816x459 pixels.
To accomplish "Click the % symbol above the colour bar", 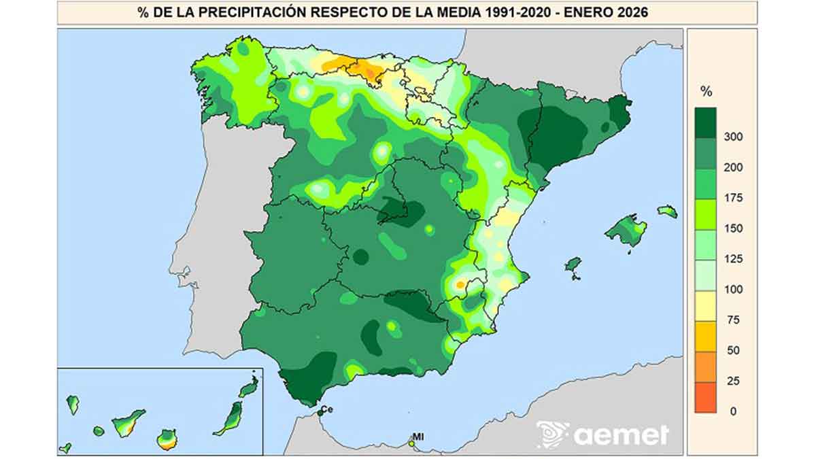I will coord(707,92).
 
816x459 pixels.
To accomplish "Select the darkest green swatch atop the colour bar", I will coord(706,122).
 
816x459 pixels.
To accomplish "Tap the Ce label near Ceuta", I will coord(326,409).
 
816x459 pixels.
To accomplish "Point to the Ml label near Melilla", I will coord(418,437).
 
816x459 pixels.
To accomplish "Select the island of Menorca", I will coord(667,211).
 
